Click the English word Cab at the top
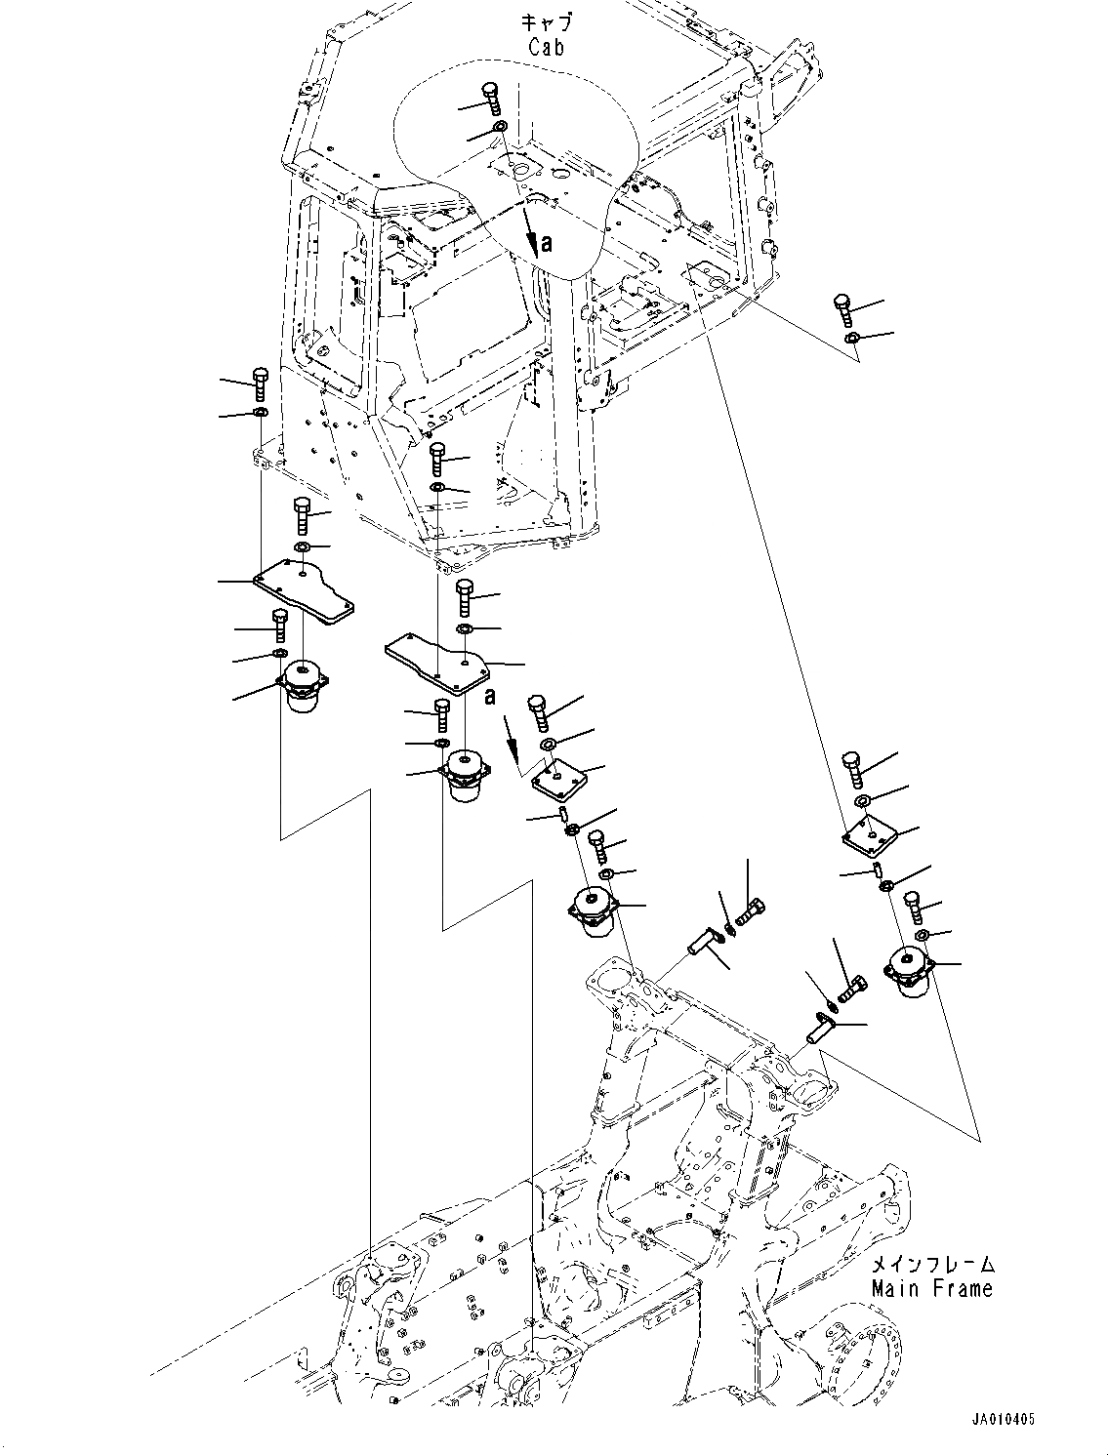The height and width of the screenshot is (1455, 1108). tap(546, 46)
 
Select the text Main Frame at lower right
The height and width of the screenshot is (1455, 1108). tap(932, 1288)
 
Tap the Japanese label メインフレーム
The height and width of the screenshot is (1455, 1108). tap(932, 1265)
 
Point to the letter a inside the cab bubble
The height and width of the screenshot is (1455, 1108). tap(547, 243)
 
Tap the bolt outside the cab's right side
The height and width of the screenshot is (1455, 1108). tap(844, 308)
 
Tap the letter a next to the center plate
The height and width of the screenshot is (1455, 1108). tap(490, 696)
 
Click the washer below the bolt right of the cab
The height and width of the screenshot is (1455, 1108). tap(851, 338)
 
